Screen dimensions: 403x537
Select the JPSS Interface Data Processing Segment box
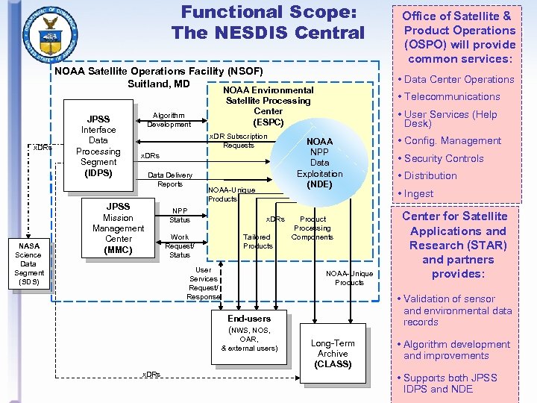(98, 146)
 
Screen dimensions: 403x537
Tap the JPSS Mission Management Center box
(118, 228)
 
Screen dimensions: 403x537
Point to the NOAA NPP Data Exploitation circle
(319, 163)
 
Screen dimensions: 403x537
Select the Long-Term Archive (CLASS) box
(333, 353)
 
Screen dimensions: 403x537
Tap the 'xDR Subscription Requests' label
(237, 141)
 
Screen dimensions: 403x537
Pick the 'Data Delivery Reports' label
(170, 180)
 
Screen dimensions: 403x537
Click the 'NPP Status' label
(180, 216)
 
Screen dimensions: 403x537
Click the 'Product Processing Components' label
(313, 228)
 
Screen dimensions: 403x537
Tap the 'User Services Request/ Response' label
(203, 283)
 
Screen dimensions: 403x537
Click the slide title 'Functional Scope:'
(268, 13)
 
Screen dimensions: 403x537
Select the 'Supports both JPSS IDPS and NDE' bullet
(450, 383)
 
